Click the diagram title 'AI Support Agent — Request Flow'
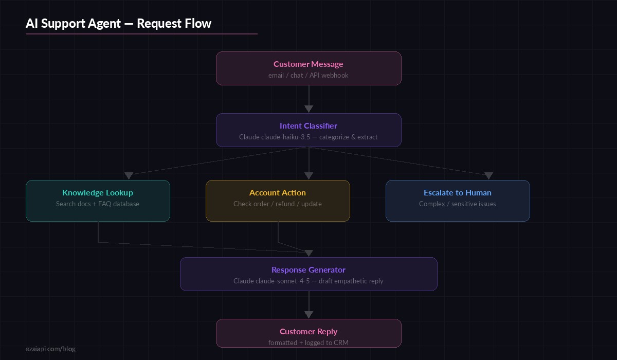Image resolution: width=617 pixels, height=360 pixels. (x=118, y=24)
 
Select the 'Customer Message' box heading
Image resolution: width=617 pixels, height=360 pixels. (x=308, y=64)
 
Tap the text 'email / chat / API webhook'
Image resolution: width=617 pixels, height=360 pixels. (x=308, y=76)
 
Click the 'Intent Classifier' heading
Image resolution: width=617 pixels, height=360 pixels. (x=308, y=126)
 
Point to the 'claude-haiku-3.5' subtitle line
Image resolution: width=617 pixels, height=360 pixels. (x=308, y=137)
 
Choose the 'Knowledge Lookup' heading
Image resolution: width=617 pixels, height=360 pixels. (x=98, y=193)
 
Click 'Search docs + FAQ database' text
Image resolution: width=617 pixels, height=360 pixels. (x=98, y=204)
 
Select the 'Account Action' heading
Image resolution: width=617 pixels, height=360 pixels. (x=278, y=193)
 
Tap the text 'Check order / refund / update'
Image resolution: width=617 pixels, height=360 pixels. (x=278, y=204)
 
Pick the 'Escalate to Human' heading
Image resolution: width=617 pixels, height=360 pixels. (x=458, y=193)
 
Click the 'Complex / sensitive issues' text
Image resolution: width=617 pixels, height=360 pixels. (x=458, y=204)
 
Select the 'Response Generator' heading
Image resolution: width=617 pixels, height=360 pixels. (x=308, y=270)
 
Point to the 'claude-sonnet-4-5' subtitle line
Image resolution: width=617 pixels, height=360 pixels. (x=308, y=281)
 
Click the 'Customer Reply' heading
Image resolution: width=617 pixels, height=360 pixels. (x=308, y=332)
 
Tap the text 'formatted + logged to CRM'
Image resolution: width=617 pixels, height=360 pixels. (x=308, y=343)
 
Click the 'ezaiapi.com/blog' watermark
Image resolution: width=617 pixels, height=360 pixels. (x=50, y=349)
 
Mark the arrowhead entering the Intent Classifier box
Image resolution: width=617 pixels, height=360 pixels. (x=308, y=109)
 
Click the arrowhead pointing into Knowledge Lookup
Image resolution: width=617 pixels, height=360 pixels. (x=129, y=176)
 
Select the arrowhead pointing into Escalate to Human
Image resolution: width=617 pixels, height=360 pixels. (x=488, y=176)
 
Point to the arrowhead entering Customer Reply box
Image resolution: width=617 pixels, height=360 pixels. (x=308, y=315)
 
